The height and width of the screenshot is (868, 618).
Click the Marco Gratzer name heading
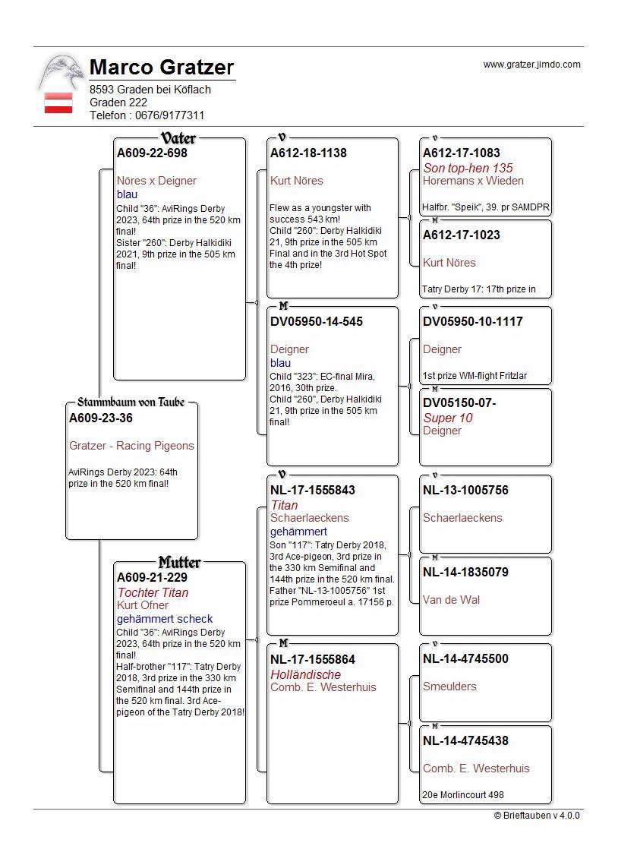162,68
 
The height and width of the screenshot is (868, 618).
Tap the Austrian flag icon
58,103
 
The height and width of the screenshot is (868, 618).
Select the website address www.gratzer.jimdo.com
531,65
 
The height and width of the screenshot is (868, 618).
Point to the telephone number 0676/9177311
169,115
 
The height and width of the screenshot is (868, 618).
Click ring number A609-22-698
152,153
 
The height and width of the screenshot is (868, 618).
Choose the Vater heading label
178,138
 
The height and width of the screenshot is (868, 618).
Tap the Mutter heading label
179,563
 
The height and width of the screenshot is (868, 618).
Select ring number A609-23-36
101,418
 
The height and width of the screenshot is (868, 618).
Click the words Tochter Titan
153,592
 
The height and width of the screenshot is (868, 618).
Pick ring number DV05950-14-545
317,322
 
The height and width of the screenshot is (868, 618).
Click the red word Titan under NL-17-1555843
284,505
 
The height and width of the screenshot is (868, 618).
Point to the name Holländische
306,674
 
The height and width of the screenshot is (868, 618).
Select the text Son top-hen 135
468,168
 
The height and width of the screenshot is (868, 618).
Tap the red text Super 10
448,418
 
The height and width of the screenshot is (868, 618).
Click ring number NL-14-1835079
465,572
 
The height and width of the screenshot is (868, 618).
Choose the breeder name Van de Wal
451,600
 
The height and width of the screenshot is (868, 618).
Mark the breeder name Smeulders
449,687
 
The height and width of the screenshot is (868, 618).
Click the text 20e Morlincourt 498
463,795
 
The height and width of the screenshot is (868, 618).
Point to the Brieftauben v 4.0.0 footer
536,816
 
